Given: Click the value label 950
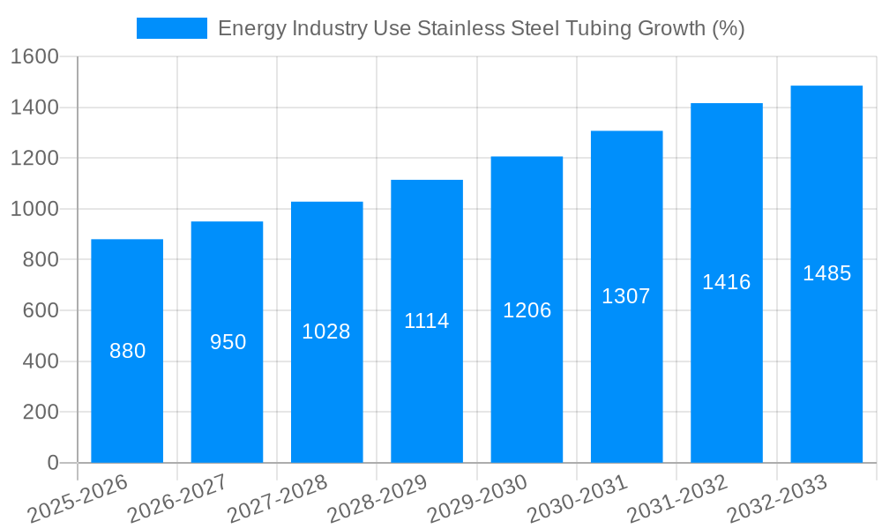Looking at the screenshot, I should click(228, 342).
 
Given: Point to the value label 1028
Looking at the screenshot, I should click(326, 332).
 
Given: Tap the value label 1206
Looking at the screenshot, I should click(527, 310).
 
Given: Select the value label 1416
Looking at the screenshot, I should click(726, 282).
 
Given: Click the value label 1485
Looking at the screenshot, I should click(826, 273).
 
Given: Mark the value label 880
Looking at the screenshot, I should click(127, 351).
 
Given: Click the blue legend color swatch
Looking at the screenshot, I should click(172, 28).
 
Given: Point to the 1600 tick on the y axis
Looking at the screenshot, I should click(34, 56).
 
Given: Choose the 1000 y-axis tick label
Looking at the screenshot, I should click(34, 209).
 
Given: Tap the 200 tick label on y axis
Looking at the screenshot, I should click(41, 412).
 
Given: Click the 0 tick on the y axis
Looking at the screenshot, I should click(53, 463).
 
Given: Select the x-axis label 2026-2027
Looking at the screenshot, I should click(176, 499).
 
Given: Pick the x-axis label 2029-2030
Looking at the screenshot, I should click(476, 499).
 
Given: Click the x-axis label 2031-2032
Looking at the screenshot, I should click(676, 499).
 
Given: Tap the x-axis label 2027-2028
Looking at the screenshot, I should click(277, 499).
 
